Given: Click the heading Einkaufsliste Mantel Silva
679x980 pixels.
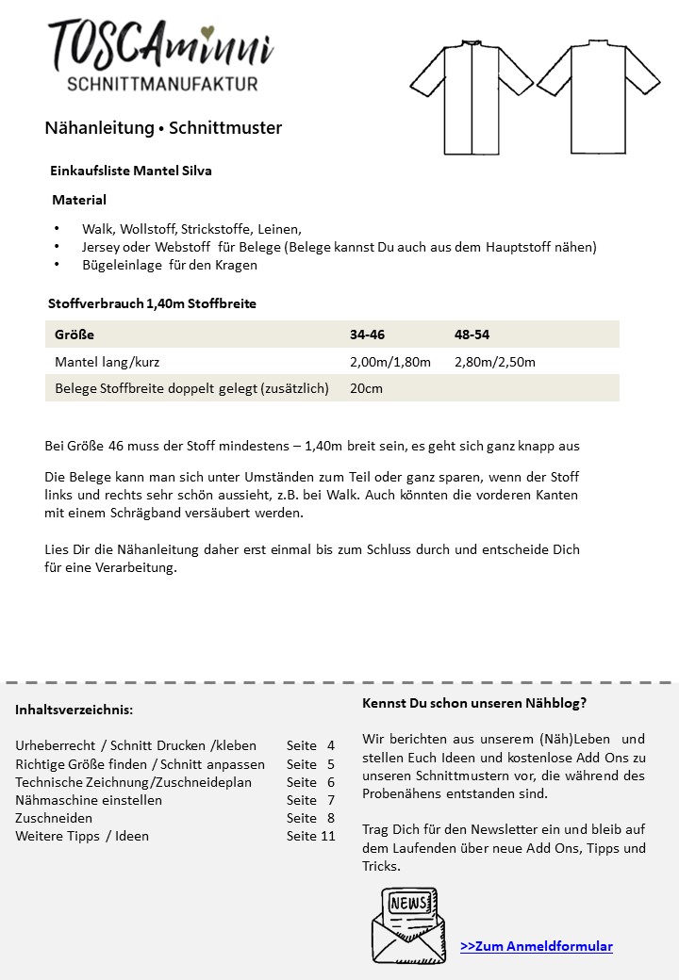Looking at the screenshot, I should coord(130,171).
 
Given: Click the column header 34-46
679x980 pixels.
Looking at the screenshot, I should coord(367,335).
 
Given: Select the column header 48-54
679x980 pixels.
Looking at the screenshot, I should coord(472,335).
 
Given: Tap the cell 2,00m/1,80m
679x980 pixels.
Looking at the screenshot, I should coord(389,362).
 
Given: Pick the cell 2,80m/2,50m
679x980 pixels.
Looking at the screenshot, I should coord(494,362).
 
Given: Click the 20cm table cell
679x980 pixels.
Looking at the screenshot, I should coord(366,388).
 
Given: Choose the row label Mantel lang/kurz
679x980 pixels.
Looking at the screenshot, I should coord(113,362).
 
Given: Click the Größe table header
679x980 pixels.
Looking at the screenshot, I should coord(75,335).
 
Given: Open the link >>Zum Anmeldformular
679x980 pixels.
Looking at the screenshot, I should coord(536,946).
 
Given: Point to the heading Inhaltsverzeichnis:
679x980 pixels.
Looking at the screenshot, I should coord(74,710).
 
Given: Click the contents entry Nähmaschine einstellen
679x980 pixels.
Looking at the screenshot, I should coord(89,800).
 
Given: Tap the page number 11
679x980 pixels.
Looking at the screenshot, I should coord(327,836).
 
